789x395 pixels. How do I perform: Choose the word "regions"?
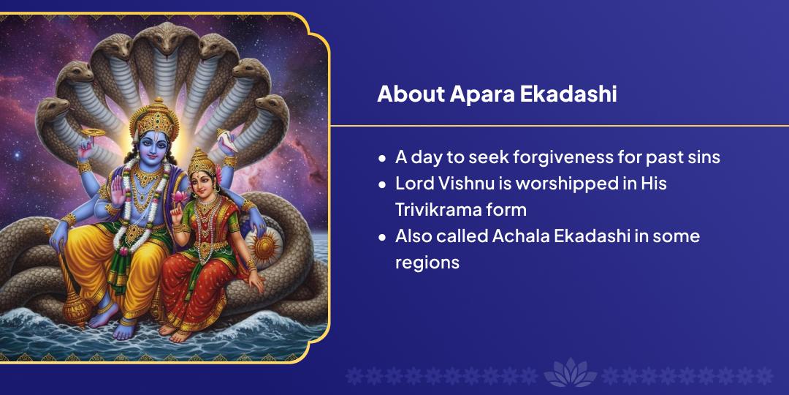[427, 262]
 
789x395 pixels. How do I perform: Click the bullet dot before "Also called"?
[382, 237]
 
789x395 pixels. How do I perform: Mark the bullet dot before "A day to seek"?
[382, 158]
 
